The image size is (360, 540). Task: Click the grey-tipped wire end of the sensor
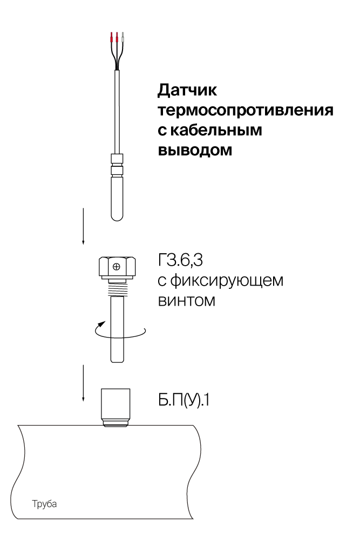pos(123,38)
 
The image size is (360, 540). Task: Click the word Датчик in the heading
pos(188,90)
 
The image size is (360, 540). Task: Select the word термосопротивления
pos(246,111)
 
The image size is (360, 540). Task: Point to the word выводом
pos(195,150)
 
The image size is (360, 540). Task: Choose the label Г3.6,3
pos(180,260)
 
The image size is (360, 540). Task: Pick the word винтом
pos(187,300)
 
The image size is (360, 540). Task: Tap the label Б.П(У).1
pos(184,400)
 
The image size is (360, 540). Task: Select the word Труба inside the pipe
pos(44,504)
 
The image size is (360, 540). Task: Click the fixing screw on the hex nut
pos(117,267)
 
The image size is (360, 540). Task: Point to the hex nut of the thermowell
pos(117,267)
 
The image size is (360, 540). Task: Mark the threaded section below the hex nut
pos(117,288)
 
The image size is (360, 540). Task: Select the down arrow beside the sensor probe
pos(83,226)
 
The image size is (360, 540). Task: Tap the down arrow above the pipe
pos(83,383)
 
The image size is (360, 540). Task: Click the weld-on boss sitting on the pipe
pos(116,408)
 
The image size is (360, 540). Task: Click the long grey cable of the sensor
pos(117,112)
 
